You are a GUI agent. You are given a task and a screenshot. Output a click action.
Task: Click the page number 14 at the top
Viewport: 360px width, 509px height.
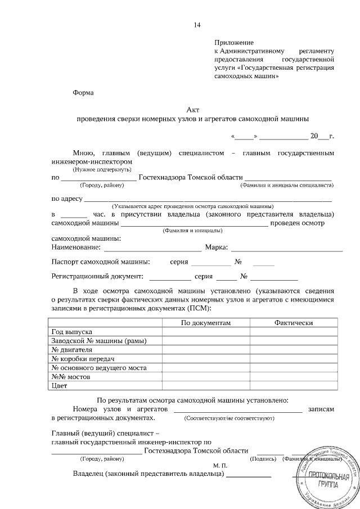pyautogui.click(x=197, y=25)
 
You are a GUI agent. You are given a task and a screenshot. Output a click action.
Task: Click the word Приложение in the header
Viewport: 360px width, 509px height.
pyautogui.click(x=234, y=42)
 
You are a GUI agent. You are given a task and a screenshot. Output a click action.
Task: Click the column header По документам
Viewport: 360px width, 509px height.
pyautogui.click(x=206, y=322)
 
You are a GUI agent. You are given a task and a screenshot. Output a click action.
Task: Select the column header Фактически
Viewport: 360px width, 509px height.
pyautogui.click(x=293, y=322)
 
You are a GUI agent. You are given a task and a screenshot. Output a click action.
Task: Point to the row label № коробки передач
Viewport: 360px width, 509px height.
pyautogui.click(x=83, y=358)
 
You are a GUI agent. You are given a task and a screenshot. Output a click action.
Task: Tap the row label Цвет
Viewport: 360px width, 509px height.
pyautogui.click(x=60, y=385)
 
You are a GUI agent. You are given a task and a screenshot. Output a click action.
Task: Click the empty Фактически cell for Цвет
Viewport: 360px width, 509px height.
pyautogui.click(x=294, y=385)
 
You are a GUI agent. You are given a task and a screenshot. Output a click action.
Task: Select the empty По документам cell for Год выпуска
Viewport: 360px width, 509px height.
pyautogui.click(x=206, y=332)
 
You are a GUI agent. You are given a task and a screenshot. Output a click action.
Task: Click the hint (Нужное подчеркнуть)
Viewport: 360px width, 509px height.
pyautogui.click(x=102, y=169)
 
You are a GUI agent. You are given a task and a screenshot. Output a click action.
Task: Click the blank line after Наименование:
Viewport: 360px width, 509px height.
pyautogui.click(x=152, y=247)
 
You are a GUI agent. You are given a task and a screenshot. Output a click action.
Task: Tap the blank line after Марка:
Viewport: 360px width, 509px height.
pyautogui.click(x=287, y=247)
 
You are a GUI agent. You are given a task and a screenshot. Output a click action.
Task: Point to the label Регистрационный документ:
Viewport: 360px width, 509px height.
pyautogui.click(x=97, y=276)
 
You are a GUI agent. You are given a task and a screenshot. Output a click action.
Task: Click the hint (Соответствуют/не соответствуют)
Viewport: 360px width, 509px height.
pyautogui.click(x=229, y=418)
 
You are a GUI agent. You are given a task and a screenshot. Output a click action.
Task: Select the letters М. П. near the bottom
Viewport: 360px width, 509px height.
pyautogui.click(x=220, y=466)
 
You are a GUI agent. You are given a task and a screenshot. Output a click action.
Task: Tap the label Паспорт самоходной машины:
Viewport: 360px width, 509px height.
pyautogui.click(x=101, y=262)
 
